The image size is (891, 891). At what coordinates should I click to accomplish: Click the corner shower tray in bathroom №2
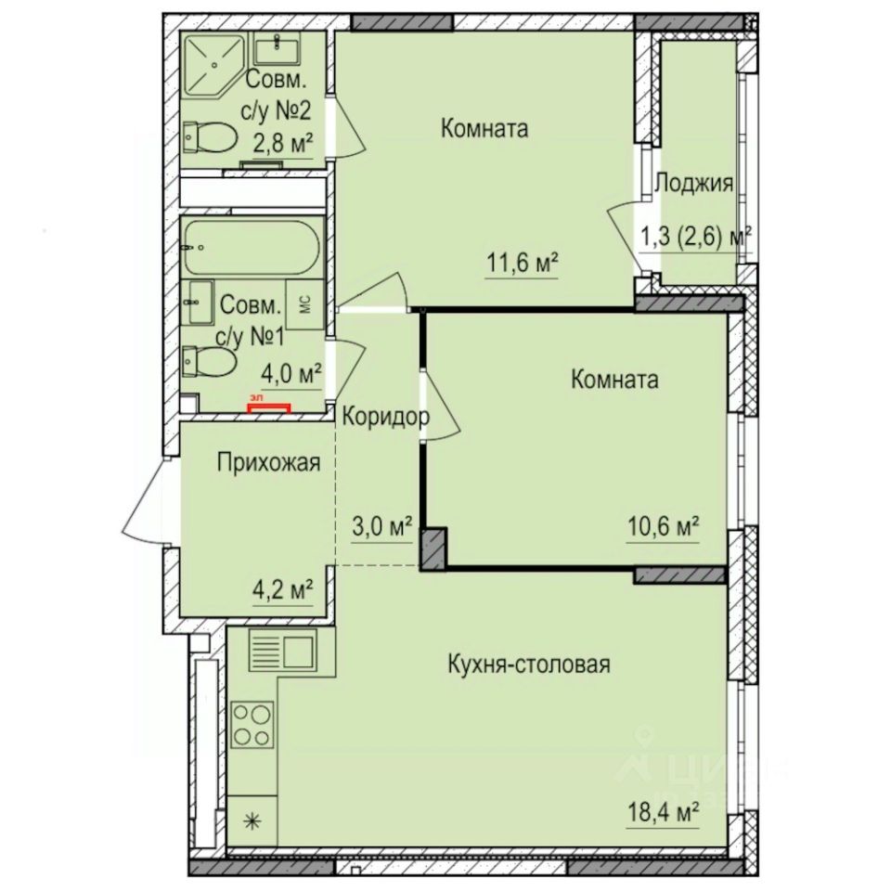click(x=212, y=63)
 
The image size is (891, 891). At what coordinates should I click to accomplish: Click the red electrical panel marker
click(x=268, y=405)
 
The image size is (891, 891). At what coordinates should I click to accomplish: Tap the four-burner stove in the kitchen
click(x=252, y=724)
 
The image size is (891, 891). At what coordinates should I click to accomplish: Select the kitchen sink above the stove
click(x=283, y=650)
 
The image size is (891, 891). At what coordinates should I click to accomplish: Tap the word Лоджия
click(x=694, y=183)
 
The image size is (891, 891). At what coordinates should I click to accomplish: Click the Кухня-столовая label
click(x=528, y=665)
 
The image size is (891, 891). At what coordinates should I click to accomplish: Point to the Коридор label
click(x=385, y=417)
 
